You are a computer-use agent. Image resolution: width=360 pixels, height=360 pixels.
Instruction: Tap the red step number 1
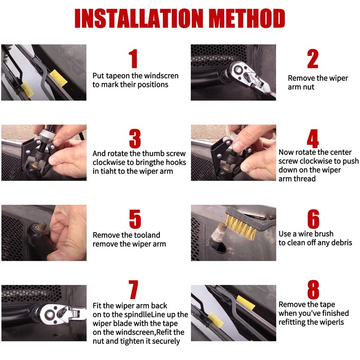click(x=133, y=59)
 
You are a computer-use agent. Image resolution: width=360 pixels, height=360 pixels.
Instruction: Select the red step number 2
click(x=313, y=59)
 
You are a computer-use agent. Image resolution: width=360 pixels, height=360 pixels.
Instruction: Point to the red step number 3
click(x=135, y=139)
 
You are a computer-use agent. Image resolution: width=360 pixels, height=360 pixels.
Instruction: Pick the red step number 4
click(x=313, y=139)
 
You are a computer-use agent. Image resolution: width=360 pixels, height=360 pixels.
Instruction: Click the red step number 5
click(x=135, y=219)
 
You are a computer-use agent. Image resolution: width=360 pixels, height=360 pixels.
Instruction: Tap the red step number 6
click(x=313, y=219)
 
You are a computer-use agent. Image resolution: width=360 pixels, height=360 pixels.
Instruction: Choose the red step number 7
click(x=133, y=289)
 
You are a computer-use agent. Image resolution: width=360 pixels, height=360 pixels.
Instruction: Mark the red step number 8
click(x=313, y=289)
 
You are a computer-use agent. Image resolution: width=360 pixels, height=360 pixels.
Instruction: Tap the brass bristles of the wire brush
click(x=242, y=226)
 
